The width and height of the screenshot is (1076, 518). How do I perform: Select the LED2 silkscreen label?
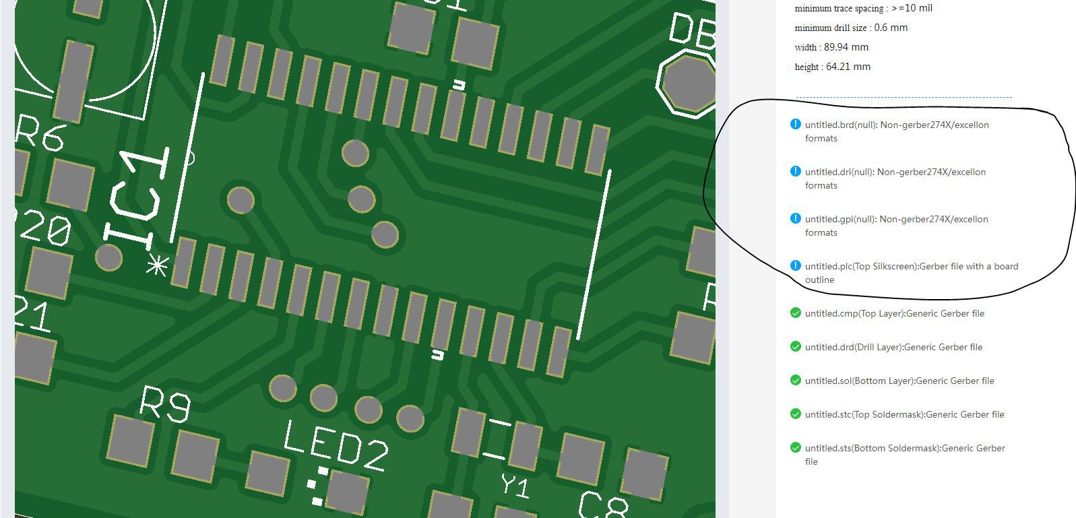[x=335, y=445]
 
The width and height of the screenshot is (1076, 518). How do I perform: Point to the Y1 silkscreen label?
[x=515, y=485]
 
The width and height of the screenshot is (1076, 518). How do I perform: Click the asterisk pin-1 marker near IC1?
[x=158, y=267]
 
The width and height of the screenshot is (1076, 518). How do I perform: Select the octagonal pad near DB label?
[x=688, y=84]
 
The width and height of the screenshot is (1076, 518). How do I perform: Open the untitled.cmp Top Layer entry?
[x=894, y=313]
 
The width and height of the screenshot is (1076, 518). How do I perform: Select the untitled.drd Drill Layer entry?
[x=893, y=347]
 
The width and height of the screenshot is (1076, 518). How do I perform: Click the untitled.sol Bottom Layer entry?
[x=899, y=381]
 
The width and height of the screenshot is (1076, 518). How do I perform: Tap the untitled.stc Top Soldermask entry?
[x=904, y=414]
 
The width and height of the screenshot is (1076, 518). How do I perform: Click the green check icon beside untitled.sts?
[x=795, y=448]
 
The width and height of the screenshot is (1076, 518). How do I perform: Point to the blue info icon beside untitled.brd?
[x=795, y=125]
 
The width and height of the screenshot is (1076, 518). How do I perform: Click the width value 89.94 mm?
[x=846, y=47]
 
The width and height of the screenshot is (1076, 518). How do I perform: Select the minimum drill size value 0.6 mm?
[x=890, y=28]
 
